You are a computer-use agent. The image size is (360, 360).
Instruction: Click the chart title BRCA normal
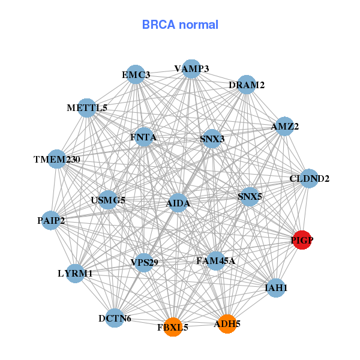click(x=180, y=25)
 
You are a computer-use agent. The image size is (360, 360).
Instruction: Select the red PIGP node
click(x=302, y=241)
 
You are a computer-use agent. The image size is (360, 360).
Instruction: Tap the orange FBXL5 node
click(x=173, y=327)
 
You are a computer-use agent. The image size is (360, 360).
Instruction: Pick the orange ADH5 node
click(x=227, y=324)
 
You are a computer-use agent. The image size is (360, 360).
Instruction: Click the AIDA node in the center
click(x=178, y=203)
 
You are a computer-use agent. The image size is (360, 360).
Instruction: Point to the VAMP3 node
click(x=191, y=69)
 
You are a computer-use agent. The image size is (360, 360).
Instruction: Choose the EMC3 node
click(x=136, y=74)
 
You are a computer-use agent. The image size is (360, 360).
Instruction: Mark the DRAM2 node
click(x=247, y=85)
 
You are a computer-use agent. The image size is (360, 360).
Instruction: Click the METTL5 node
click(x=87, y=108)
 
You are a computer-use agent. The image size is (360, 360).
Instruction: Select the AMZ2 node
click(x=284, y=127)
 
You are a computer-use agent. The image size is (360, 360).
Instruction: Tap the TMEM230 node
click(x=57, y=159)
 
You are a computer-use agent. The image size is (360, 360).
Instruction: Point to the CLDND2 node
click(x=309, y=178)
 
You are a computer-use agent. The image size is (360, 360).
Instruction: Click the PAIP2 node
click(x=50, y=220)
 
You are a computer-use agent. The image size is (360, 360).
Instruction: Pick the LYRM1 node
click(x=76, y=273)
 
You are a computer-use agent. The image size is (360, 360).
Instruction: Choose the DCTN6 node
click(x=115, y=319)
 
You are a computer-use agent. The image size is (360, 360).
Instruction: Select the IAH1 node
click(x=276, y=288)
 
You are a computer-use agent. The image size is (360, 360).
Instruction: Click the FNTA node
click(x=143, y=137)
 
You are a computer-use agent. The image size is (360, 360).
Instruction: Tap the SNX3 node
click(x=212, y=139)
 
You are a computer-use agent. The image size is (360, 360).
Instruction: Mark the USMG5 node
click(x=108, y=199)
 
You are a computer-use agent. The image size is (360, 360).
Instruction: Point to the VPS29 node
click(x=144, y=262)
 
